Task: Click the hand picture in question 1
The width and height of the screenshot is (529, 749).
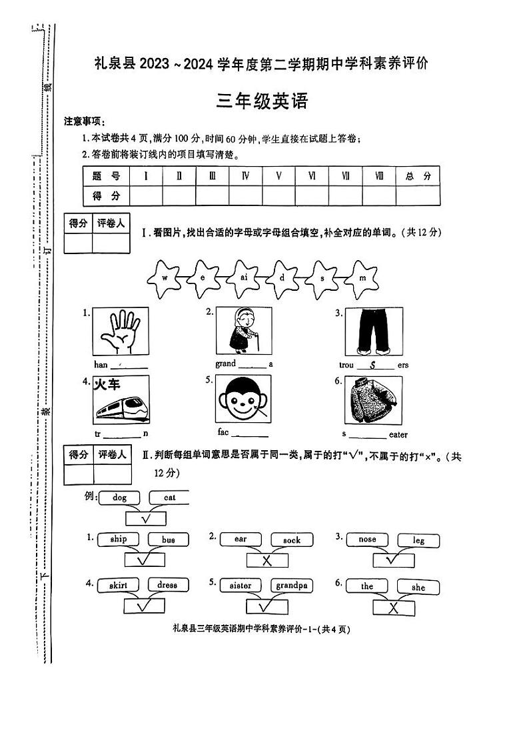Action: [121, 331]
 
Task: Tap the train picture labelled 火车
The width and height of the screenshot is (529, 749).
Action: [121, 400]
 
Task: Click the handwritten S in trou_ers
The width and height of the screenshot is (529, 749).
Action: [373, 365]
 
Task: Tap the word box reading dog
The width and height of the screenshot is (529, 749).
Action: [119, 497]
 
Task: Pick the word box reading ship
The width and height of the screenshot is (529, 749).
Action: [118, 539]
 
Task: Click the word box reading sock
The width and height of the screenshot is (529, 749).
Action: [291, 540]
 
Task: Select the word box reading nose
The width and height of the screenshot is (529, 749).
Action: [367, 539]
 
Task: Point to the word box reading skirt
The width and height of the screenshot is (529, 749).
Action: [118, 585]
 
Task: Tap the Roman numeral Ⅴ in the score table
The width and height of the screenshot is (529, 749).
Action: [278, 176]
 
